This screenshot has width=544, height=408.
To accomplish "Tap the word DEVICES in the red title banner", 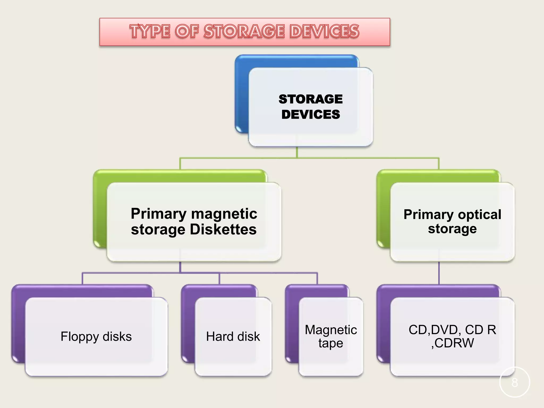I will pyautogui.click(x=324, y=31).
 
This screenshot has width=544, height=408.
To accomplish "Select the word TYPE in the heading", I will pyautogui.click(x=150, y=31).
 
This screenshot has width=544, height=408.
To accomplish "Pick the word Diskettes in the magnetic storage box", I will pyautogui.click(x=223, y=229).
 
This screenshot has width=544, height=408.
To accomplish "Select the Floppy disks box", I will pyautogui.click(x=96, y=337).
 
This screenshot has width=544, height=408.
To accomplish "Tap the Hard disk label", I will pyautogui.click(x=233, y=337).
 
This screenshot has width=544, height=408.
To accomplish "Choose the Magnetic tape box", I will pyautogui.click(x=331, y=337).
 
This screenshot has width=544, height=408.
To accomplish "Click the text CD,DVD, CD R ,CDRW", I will pyautogui.click(x=452, y=337).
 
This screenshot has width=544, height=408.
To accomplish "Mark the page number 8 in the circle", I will pyautogui.click(x=515, y=382).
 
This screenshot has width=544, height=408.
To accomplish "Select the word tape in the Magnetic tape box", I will pyautogui.click(x=331, y=343).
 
